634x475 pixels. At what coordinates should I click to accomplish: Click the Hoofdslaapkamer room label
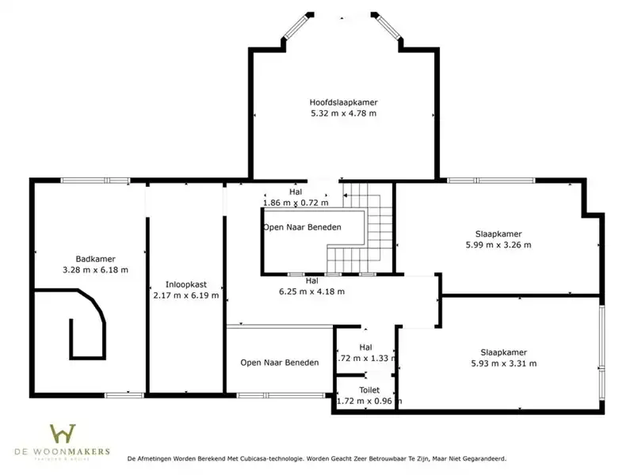(344, 103)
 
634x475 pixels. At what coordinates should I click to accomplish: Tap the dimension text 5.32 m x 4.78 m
(344, 113)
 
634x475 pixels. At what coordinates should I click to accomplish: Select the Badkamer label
(95, 259)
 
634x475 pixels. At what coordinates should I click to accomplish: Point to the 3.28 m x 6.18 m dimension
(95, 270)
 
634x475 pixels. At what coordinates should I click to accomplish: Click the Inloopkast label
(186, 284)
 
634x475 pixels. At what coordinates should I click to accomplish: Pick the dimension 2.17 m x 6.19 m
(186, 295)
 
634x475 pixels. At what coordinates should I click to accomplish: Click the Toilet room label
(369, 390)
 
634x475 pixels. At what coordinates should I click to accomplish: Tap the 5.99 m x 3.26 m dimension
(498, 245)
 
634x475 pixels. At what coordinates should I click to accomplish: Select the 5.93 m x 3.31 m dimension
(504, 363)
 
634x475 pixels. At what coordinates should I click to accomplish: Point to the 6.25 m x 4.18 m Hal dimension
(311, 291)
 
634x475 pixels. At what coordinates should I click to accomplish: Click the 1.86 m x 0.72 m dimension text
(296, 203)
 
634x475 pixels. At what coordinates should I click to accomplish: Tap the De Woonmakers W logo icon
(63, 433)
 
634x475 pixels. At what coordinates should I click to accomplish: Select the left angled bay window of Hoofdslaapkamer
(297, 26)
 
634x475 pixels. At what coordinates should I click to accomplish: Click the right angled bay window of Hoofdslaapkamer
(387, 26)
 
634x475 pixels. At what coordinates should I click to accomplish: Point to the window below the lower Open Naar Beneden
(281, 395)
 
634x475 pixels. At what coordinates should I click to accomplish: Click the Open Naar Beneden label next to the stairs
(302, 227)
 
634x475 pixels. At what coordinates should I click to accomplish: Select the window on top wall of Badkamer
(95, 180)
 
